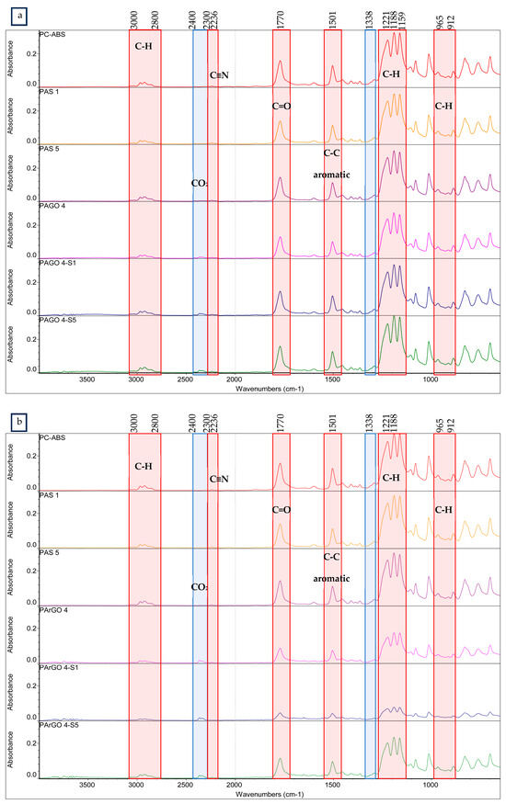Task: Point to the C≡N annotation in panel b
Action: (218, 478)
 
